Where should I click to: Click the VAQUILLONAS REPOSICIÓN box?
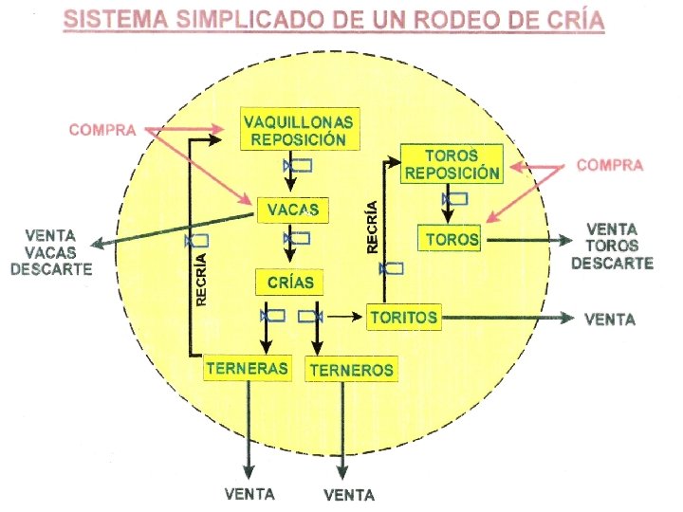tap(298, 131)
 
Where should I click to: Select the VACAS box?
tap(292, 209)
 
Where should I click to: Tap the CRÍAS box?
tap(289, 283)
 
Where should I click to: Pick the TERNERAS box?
tap(247, 368)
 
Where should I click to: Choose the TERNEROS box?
tap(351, 369)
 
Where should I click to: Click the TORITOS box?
tap(404, 317)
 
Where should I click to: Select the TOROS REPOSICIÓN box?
tap(451, 164)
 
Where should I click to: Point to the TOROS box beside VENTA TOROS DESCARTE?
tap(450, 239)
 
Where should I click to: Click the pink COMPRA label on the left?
tap(102, 130)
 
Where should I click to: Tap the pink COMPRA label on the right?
tap(610, 165)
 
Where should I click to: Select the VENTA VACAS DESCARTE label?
tap(51, 251)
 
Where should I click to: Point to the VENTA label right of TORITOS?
tap(610, 320)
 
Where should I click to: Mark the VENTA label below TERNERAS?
tap(249, 494)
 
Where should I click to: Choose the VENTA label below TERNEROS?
tap(349, 495)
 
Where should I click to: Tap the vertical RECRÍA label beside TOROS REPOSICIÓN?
tap(373, 226)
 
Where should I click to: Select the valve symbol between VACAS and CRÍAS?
tap(298, 239)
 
